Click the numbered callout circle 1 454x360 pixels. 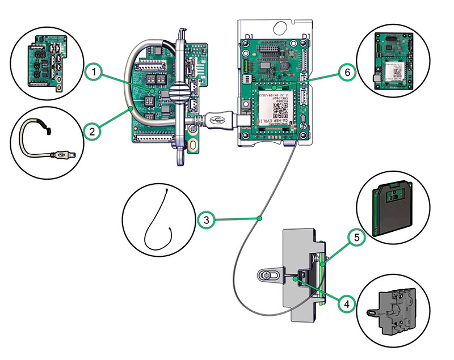(x=95, y=73)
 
